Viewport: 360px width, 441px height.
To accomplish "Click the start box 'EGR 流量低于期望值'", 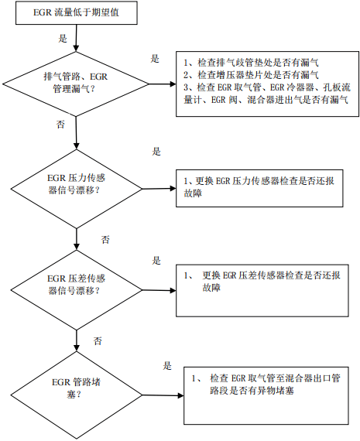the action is (x=77, y=13).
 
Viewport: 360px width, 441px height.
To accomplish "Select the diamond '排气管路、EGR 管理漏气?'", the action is (x=76, y=84).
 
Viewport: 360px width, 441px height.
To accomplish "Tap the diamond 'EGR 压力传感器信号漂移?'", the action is (x=77, y=189).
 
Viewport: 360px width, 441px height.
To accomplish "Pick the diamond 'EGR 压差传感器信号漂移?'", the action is (x=77, y=289).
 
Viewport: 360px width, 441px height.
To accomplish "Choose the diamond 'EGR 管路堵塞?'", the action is (x=77, y=395).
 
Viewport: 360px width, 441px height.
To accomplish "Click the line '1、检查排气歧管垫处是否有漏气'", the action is (x=251, y=63).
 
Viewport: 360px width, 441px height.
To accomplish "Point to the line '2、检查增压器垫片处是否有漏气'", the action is (x=251, y=75).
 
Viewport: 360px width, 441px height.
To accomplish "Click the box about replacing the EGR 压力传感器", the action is (x=259, y=188).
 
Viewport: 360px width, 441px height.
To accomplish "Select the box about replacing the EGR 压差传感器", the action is (x=262, y=291).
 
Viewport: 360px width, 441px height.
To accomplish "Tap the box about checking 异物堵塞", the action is (x=266, y=395).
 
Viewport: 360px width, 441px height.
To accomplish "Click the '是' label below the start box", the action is (x=63, y=39).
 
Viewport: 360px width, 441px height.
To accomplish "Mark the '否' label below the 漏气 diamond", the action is (x=60, y=125).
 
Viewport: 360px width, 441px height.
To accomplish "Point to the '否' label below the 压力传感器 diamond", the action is (x=105, y=240).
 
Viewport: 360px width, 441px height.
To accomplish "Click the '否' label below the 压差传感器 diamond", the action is (x=98, y=341).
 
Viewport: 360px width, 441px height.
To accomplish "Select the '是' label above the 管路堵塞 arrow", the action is (x=167, y=366).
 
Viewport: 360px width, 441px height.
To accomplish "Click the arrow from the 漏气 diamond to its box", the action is (x=163, y=84).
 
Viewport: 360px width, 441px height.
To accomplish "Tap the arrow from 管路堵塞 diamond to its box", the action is (x=163, y=395).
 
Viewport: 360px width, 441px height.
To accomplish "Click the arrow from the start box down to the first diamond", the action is (x=76, y=38).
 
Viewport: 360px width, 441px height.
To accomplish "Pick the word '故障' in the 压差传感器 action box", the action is (x=211, y=288).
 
